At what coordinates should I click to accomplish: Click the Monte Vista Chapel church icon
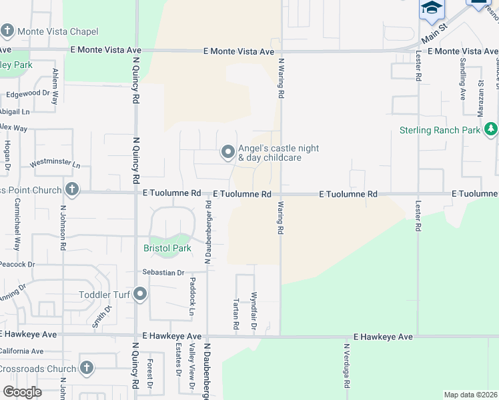(8, 31)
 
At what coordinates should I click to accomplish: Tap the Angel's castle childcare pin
(228, 153)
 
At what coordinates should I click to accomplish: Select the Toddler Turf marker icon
(140, 294)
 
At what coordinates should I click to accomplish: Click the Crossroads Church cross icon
(86, 368)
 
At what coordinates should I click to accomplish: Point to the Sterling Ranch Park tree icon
(491, 129)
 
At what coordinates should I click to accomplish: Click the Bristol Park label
(167, 248)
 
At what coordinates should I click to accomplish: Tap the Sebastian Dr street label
(163, 273)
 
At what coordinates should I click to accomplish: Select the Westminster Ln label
(55, 164)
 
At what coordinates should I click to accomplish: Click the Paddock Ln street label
(192, 296)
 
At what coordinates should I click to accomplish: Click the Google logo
(22, 392)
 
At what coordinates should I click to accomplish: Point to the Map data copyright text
(470, 395)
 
